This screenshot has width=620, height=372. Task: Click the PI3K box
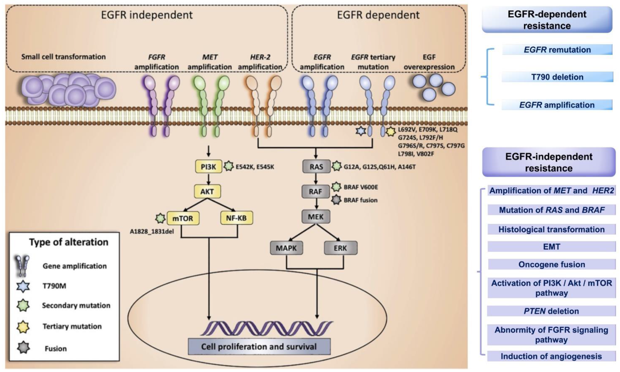pos(208,166)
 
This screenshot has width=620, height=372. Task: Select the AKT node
pos(207,191)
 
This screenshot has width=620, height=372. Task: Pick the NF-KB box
pos(236,218)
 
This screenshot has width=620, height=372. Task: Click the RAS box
pos(316,166)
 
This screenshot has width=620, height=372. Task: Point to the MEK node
pos(315,217)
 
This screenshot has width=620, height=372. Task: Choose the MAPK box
pos(286,248)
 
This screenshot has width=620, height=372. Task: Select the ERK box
pos(341,248)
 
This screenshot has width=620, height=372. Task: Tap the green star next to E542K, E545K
pos(228,166)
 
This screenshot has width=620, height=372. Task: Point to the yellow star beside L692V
pos(390,131)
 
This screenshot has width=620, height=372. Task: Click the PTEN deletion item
pos(551,311)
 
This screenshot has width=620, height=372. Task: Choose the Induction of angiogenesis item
pos(551,356)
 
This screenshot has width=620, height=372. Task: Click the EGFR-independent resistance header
pos(549,162)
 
